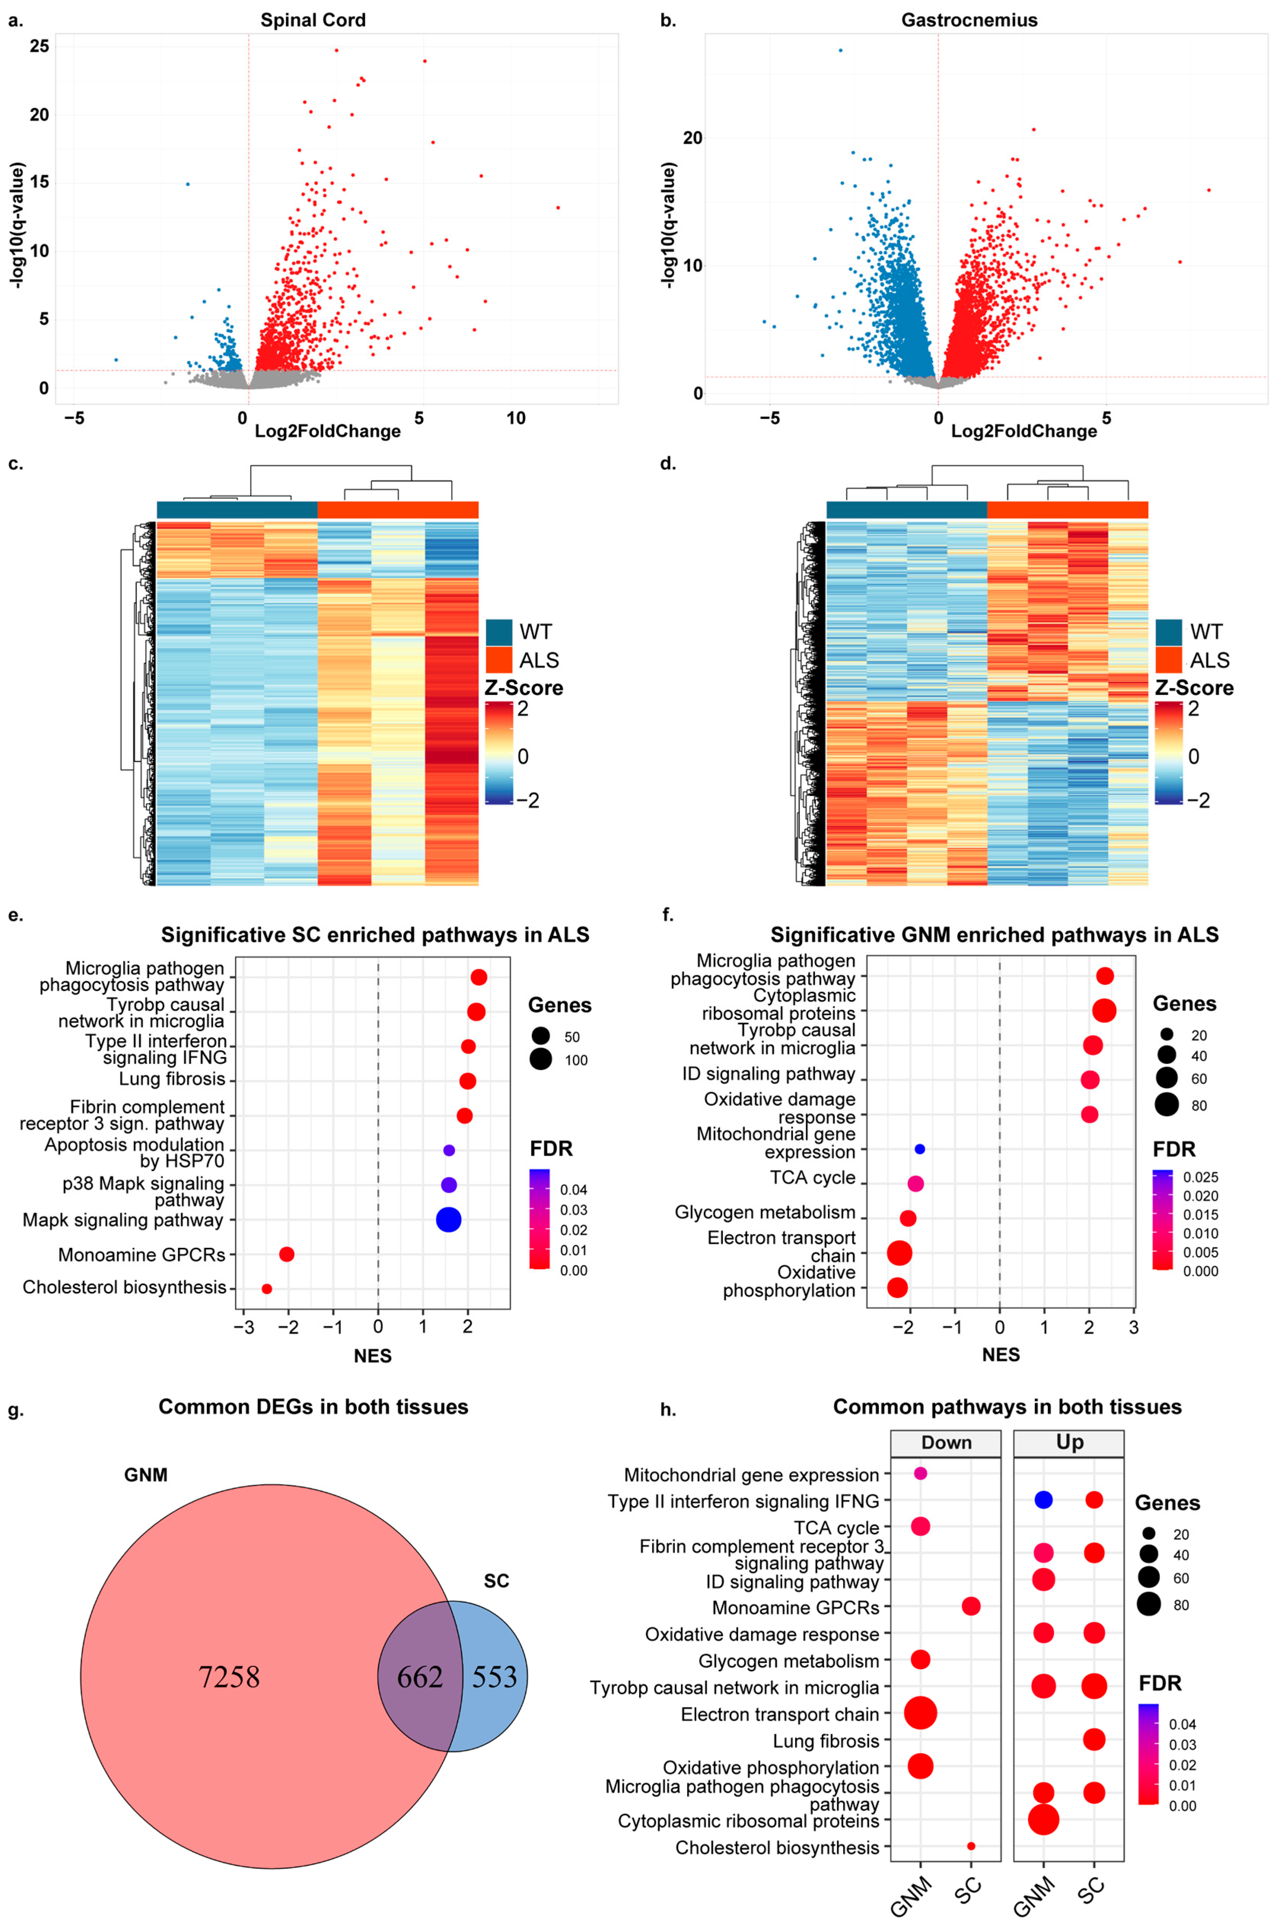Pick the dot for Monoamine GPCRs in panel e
[286, 1254]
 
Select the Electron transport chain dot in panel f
[900, 1252]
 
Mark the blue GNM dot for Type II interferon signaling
[1043, 1500]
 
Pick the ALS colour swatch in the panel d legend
[1168, 659]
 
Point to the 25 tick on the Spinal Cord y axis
[39, 46]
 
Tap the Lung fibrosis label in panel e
[172, 1079]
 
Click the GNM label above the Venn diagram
[146, 1475]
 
